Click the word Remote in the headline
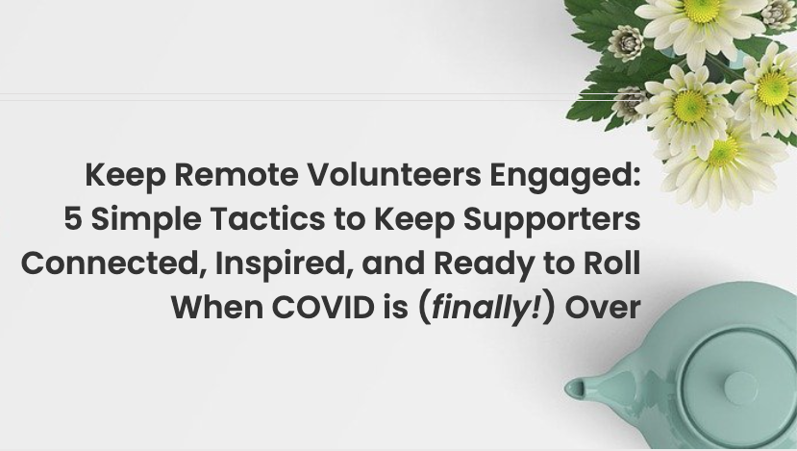pos(237,174)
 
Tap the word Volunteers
pos(394,174)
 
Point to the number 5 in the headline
pos(73,219)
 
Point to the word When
pos(217,308)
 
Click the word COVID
pos(323,308)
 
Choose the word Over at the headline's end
pos(603,308)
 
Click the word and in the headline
pos(393,263)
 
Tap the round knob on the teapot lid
pos(741,388)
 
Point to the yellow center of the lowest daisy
pos(722,152)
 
